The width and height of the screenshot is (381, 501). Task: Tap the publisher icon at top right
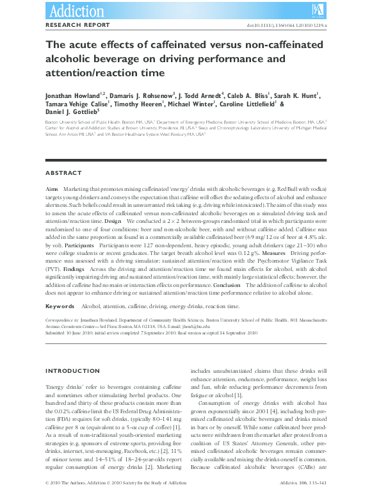(x=318, y=9)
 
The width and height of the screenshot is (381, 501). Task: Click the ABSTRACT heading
(x=63, y=173)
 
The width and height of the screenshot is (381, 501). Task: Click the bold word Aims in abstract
(x=53, y=190)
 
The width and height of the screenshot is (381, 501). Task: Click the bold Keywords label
(x=61, y=307)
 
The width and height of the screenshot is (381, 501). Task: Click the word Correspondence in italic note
(x=61, y=318)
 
